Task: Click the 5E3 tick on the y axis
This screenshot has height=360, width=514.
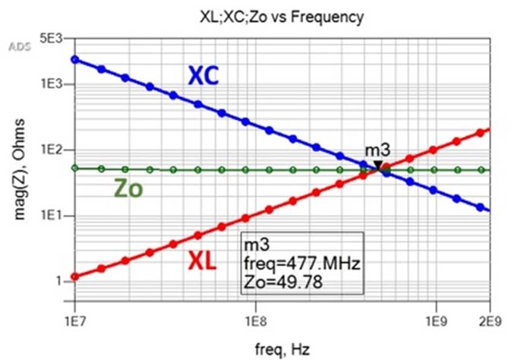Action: point(54,38)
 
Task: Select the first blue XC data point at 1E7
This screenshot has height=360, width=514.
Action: point(75,59)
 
